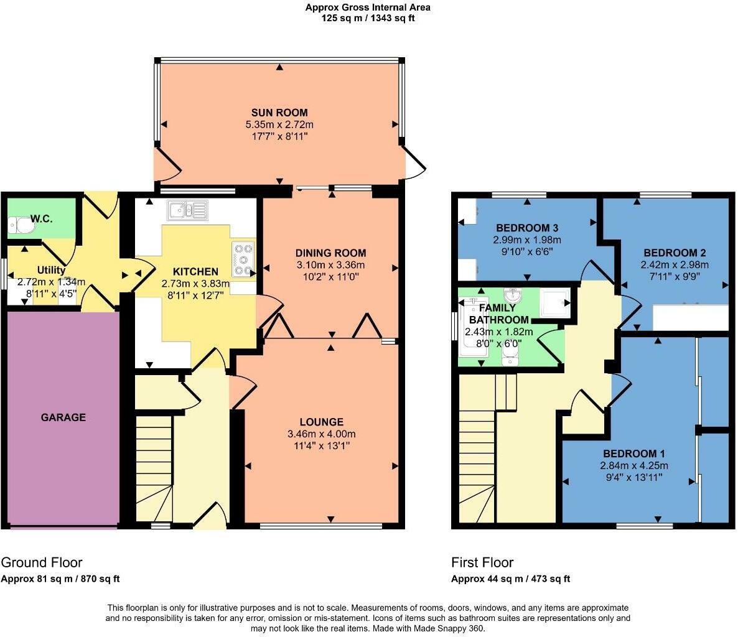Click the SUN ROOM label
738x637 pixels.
pyautogui.click(x=279, y=113)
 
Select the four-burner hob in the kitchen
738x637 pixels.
pyautogui.click(x=243, y=259)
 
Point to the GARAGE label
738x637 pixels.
pyautogui.click(x=63, y=417)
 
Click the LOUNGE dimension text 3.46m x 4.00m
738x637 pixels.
pyautogui.click(x=320, y=434)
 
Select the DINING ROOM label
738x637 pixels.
pyautogui.click(x=330, y=253)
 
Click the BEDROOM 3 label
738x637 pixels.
pyautogui.click(x=523, y=228)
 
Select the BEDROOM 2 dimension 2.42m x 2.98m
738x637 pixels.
pyautogui.click(x=675, y=264)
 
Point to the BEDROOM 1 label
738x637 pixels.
pyautogui.click(x=629, y=453)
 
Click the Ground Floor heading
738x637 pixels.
pyautogui.click(x=42, y=562)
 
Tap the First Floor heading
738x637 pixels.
pyautogui.click(x=482, y=562)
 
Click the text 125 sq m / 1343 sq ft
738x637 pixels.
pyautogui.click(x=368, y=18)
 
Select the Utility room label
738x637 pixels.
pyautogui.click(x=51, y=270)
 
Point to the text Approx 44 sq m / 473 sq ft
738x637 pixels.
pyautogui.click(x=510, y=579)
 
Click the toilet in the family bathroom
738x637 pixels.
pyautogui.click(x=510, y=355)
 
